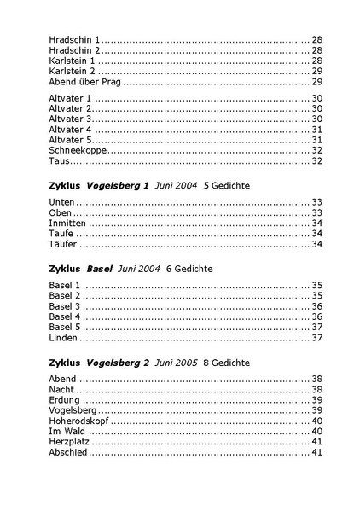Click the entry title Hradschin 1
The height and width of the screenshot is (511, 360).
(x=74, y=40)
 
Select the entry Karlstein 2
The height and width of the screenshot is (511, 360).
(x=73, y=72)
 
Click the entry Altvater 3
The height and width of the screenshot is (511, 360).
(x=70, y=119)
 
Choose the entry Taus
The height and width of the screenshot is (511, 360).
(x=59, y=160)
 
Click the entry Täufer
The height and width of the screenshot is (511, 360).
(x=62, y=244)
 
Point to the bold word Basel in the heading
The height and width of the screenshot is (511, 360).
(x=100, y=269)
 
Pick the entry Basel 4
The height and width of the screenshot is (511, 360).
(x=65, y=316)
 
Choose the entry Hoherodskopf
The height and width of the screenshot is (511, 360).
(x=78, y=421)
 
